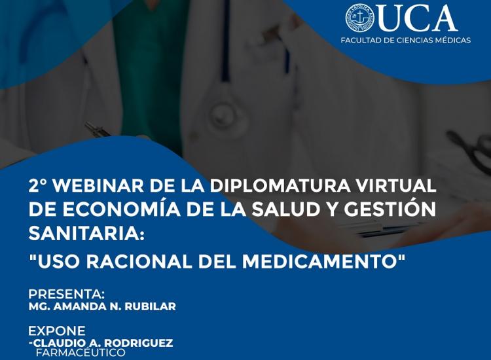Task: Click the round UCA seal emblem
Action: [360, 18]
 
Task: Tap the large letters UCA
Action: [417, 18]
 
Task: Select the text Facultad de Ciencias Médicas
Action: [405, 41]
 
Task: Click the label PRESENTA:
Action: [67, 294]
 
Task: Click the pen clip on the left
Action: [97, 129]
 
